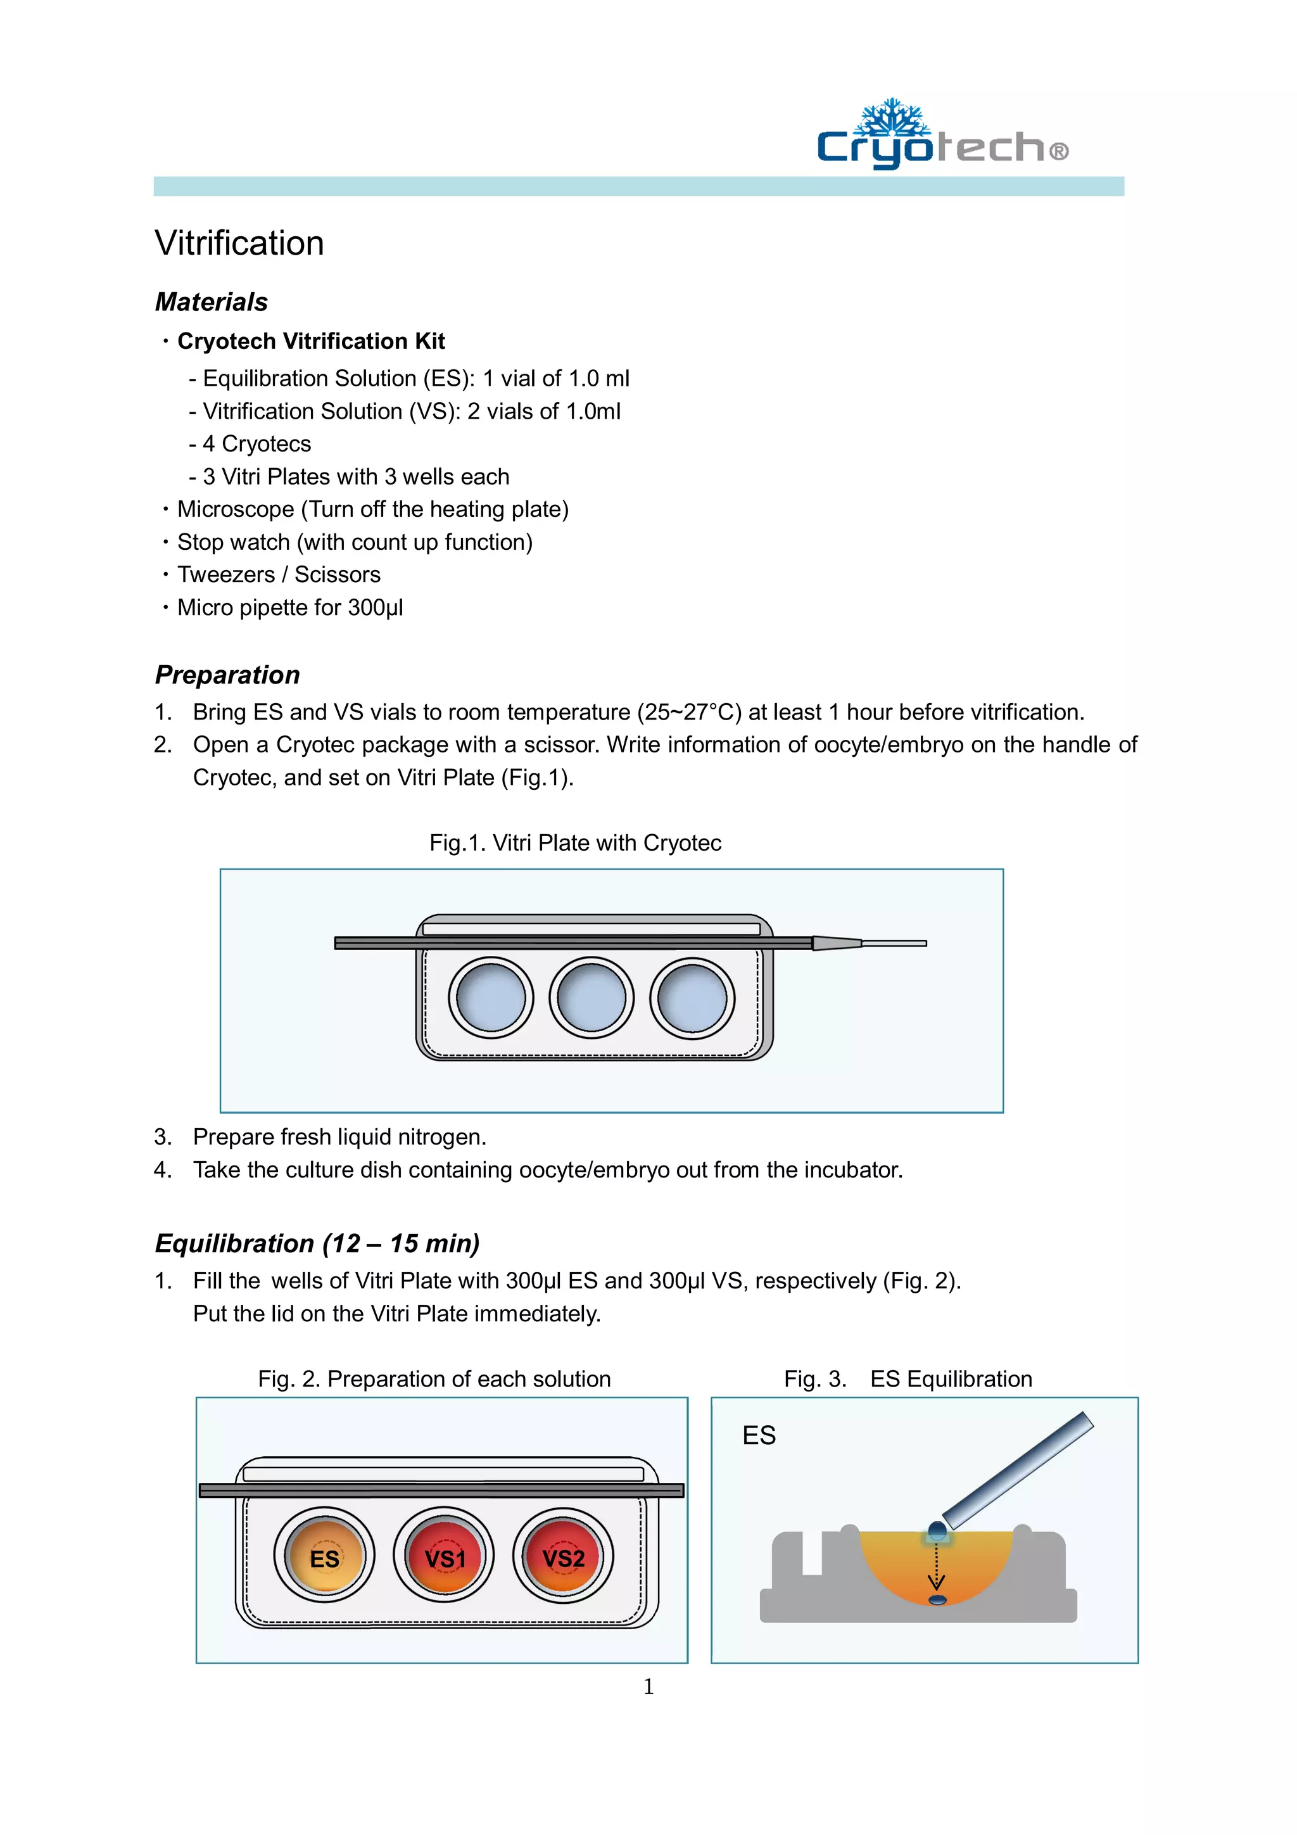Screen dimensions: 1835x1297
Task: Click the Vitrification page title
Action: (239, 243)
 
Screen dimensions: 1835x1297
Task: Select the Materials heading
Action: (211, 302)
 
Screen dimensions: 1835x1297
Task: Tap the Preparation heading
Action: (227, 675)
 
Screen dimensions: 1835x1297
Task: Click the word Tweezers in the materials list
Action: (225, 575)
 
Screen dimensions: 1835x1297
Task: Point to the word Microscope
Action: (235, 509)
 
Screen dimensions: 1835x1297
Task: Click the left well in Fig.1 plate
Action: (490, 998)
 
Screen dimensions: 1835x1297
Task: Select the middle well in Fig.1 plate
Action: (592, 998)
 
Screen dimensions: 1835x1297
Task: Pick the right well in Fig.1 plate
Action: (692, 998)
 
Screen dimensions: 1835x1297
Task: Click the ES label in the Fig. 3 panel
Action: (759, 1436)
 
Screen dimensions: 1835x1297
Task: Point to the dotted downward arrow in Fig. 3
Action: (937, 1566)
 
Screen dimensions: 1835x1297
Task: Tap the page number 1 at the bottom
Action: (648, 1686)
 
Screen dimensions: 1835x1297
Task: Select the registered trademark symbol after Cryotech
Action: (1059, 151)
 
